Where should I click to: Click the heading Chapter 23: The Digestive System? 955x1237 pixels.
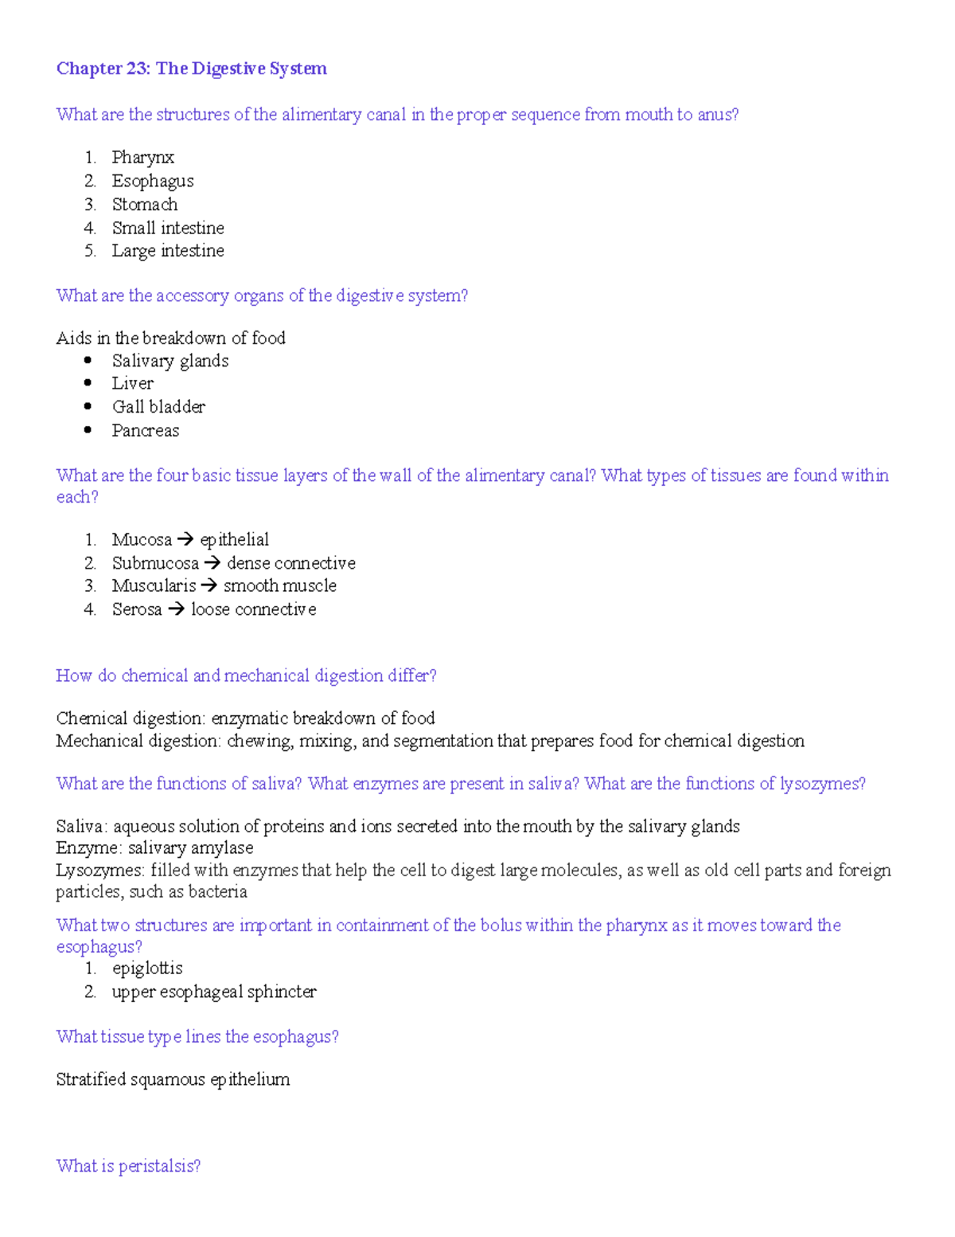click(191, 69)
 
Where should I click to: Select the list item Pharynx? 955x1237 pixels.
click(142, 158)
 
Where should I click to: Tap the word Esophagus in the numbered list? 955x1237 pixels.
click(152, 182)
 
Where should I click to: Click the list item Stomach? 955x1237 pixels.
click(144, 205)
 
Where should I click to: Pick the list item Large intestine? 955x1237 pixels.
click(167, 251)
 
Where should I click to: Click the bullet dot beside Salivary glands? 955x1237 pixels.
click(88, 361)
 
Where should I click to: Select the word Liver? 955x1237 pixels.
click(132, 384)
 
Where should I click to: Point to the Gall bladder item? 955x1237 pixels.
click(158, 407)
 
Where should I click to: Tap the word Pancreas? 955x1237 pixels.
click(145, 431)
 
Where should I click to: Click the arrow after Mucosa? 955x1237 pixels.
click(185, 540)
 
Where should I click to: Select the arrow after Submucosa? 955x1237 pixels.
click(212, 563)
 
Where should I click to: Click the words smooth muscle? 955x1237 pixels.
click(279, 586)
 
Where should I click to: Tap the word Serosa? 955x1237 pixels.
click(137, 609)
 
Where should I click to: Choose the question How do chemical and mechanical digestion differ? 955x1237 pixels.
click(246, 676)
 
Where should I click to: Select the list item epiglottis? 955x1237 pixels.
click(147, 969)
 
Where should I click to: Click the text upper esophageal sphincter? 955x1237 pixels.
click(213, 992)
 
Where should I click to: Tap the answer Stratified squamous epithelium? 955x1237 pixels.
click(173, 1079)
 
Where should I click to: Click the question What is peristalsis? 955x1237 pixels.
click(128, 1166)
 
